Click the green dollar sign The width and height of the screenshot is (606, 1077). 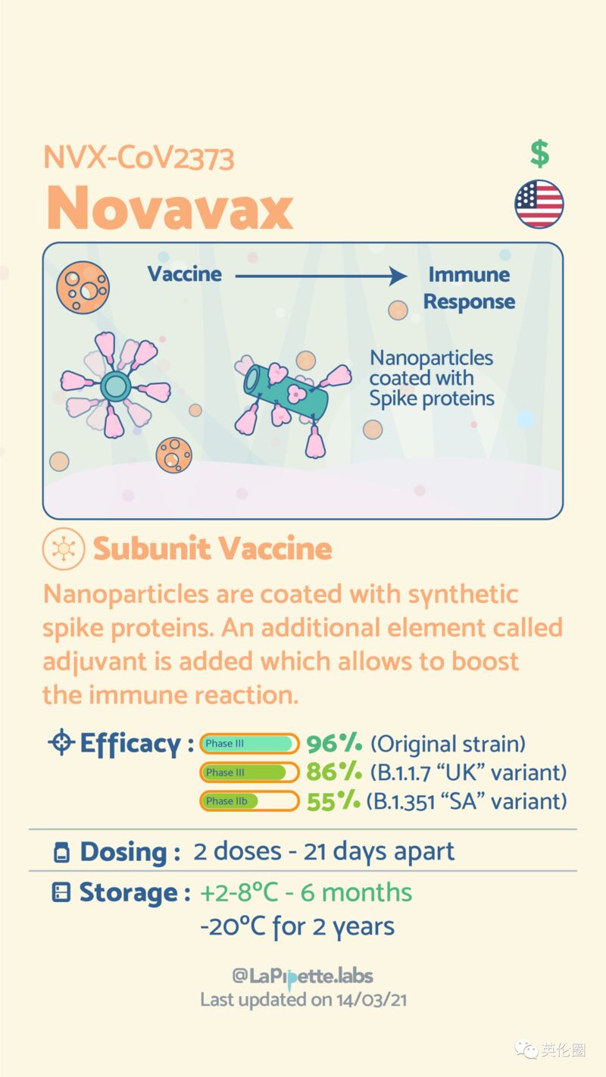point(539,154)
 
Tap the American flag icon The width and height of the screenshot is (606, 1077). point(539,204)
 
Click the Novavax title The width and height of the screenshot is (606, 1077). point(170,208)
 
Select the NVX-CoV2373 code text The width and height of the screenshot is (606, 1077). point(139,158)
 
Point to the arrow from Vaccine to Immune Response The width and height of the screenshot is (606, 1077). point(321,276)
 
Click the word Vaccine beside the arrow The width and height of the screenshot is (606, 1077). point(185,274)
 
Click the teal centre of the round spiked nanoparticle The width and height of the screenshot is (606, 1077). point(115,385)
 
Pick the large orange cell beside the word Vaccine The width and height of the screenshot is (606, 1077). point(83,288)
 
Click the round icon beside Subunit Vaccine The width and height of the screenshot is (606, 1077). point(64,548)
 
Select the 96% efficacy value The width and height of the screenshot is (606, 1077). point(334,743)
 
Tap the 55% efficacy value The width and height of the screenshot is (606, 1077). point(333,801)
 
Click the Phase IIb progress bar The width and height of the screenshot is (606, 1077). point(249,801)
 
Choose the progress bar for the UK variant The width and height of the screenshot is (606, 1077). point(249,773)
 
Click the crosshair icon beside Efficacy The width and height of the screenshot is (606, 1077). point(61,742)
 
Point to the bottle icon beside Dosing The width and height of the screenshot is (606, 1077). point(61,853)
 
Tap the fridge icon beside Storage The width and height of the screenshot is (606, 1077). point(61,892)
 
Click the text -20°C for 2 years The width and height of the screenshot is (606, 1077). point(297,926)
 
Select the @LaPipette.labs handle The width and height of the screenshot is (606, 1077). point(302,976)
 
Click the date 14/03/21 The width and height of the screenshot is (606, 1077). point(371,1000)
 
